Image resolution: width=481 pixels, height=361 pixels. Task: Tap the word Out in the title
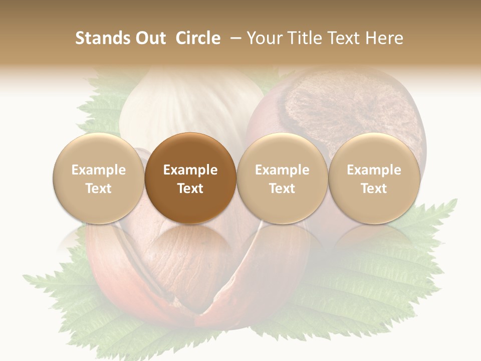[x=149, y=38]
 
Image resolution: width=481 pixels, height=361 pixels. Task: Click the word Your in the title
[x=264, y=38]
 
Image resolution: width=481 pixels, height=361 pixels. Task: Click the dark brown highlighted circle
[x=190, y=178]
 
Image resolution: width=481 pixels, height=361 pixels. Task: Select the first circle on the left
[x=98, y=178]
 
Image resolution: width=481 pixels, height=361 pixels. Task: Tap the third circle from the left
[x=282, y=178]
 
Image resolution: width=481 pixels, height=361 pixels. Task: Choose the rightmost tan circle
[x=374, y=178]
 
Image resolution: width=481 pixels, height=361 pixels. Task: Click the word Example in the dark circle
[x=190, y=170]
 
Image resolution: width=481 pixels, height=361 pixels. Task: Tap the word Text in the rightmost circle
[x=374, y=189]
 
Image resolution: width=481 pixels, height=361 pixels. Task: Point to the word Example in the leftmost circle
[x=98, y=170]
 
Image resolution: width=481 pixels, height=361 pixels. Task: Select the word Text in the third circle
[x=282, y=189]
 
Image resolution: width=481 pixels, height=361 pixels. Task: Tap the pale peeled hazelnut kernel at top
[x=190, y=105]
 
